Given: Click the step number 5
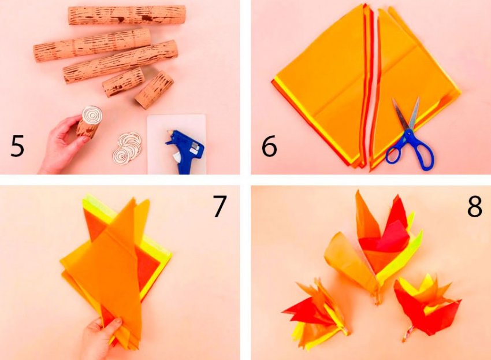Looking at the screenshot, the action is coord(17,146).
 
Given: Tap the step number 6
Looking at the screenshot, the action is coord(269,146).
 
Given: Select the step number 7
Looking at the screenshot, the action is coord(220,206).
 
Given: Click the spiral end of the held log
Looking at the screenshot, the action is coord(92,116).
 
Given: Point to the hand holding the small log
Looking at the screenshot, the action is coord(62,144).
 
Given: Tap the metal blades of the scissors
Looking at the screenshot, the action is coord(407,114).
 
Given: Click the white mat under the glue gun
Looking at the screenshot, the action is coord(177,144).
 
